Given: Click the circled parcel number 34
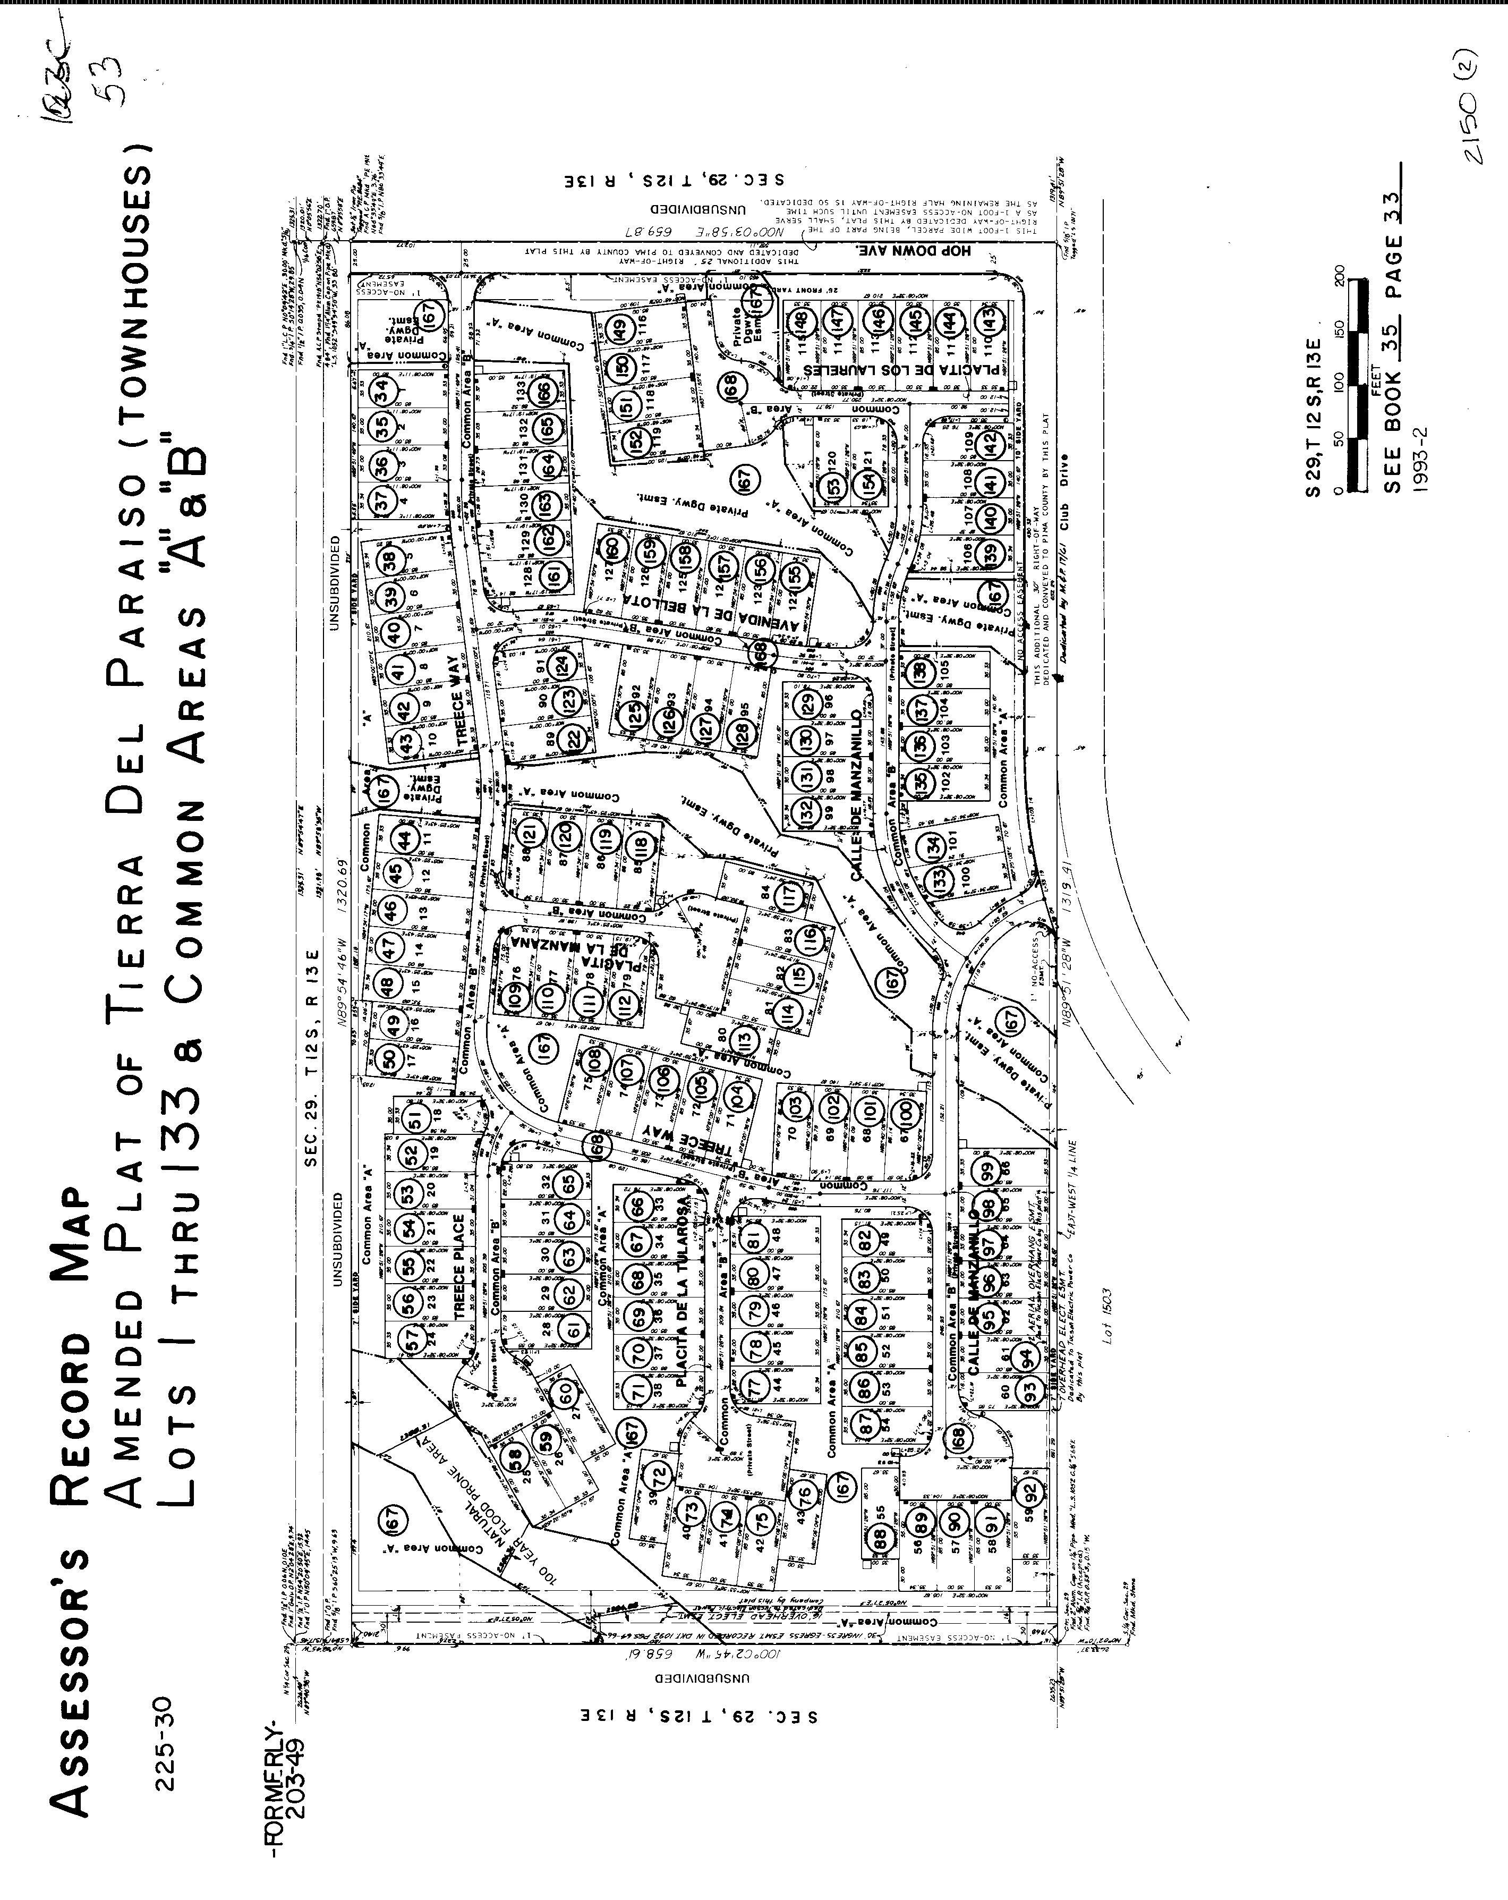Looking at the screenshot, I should coord(381,389).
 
